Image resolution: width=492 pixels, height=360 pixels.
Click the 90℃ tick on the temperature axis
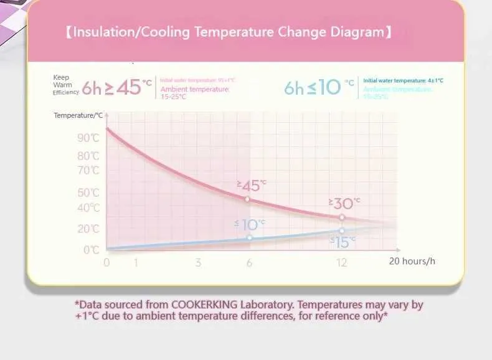point(88,138)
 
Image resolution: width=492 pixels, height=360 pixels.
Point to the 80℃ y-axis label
point(88,156)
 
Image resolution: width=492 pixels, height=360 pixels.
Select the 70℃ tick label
point(88,170)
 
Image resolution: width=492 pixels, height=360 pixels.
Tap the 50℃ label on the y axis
point(88,192)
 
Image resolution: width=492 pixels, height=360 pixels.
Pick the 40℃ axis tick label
point(88,207)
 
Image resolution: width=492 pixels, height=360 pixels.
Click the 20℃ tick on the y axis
point(88,229)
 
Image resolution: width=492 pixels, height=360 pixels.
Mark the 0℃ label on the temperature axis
point(91,250)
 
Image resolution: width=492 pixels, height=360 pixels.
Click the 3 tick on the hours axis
point(198,262)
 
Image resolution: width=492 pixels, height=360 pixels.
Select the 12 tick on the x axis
point(341,262)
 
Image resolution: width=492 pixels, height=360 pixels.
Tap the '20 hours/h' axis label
point(412,261)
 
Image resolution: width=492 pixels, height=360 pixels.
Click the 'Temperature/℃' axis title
point(78,115)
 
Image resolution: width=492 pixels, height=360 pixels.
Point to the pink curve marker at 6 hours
point(247,199)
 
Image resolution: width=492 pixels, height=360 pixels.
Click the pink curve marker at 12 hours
point(342,217)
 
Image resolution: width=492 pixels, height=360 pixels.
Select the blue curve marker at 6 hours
point(250,237)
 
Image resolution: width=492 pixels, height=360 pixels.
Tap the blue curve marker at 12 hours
point(342,230)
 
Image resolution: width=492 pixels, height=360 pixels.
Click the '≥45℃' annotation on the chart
point(251,185)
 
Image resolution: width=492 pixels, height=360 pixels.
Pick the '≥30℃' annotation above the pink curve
point(344,203)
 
